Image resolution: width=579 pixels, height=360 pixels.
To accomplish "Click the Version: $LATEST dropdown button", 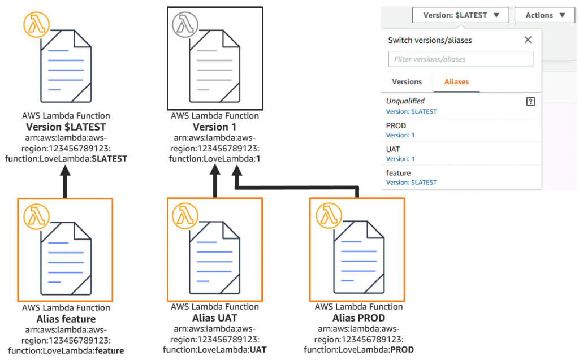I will (x=460, y=15).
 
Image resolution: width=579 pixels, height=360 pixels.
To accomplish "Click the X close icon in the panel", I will (x=528, y=40).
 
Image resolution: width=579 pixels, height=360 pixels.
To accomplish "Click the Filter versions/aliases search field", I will (x=460, y=59).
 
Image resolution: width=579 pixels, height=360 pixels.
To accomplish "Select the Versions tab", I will (x=407, y=82).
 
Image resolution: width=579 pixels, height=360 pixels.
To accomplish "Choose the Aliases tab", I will (x=456, y=82).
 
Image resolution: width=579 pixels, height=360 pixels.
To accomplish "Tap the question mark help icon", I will (x=530, y=101).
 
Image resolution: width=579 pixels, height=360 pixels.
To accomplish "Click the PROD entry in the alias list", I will (x=396, y=125).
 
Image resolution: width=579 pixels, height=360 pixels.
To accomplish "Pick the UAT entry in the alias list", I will (x=393, y=149).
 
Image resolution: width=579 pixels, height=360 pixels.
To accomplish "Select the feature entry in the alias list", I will (x=398, y=173).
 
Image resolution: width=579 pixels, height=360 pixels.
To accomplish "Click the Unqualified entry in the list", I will (x=405, y=101).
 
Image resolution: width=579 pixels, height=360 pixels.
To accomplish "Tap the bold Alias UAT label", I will (x=214, y=318).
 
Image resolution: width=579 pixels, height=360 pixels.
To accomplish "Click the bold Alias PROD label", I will (x=358, y=318).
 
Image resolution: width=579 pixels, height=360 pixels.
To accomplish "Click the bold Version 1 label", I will (x=214, y=127).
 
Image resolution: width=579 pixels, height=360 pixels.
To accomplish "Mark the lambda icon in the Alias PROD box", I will (x=326, y=215).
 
